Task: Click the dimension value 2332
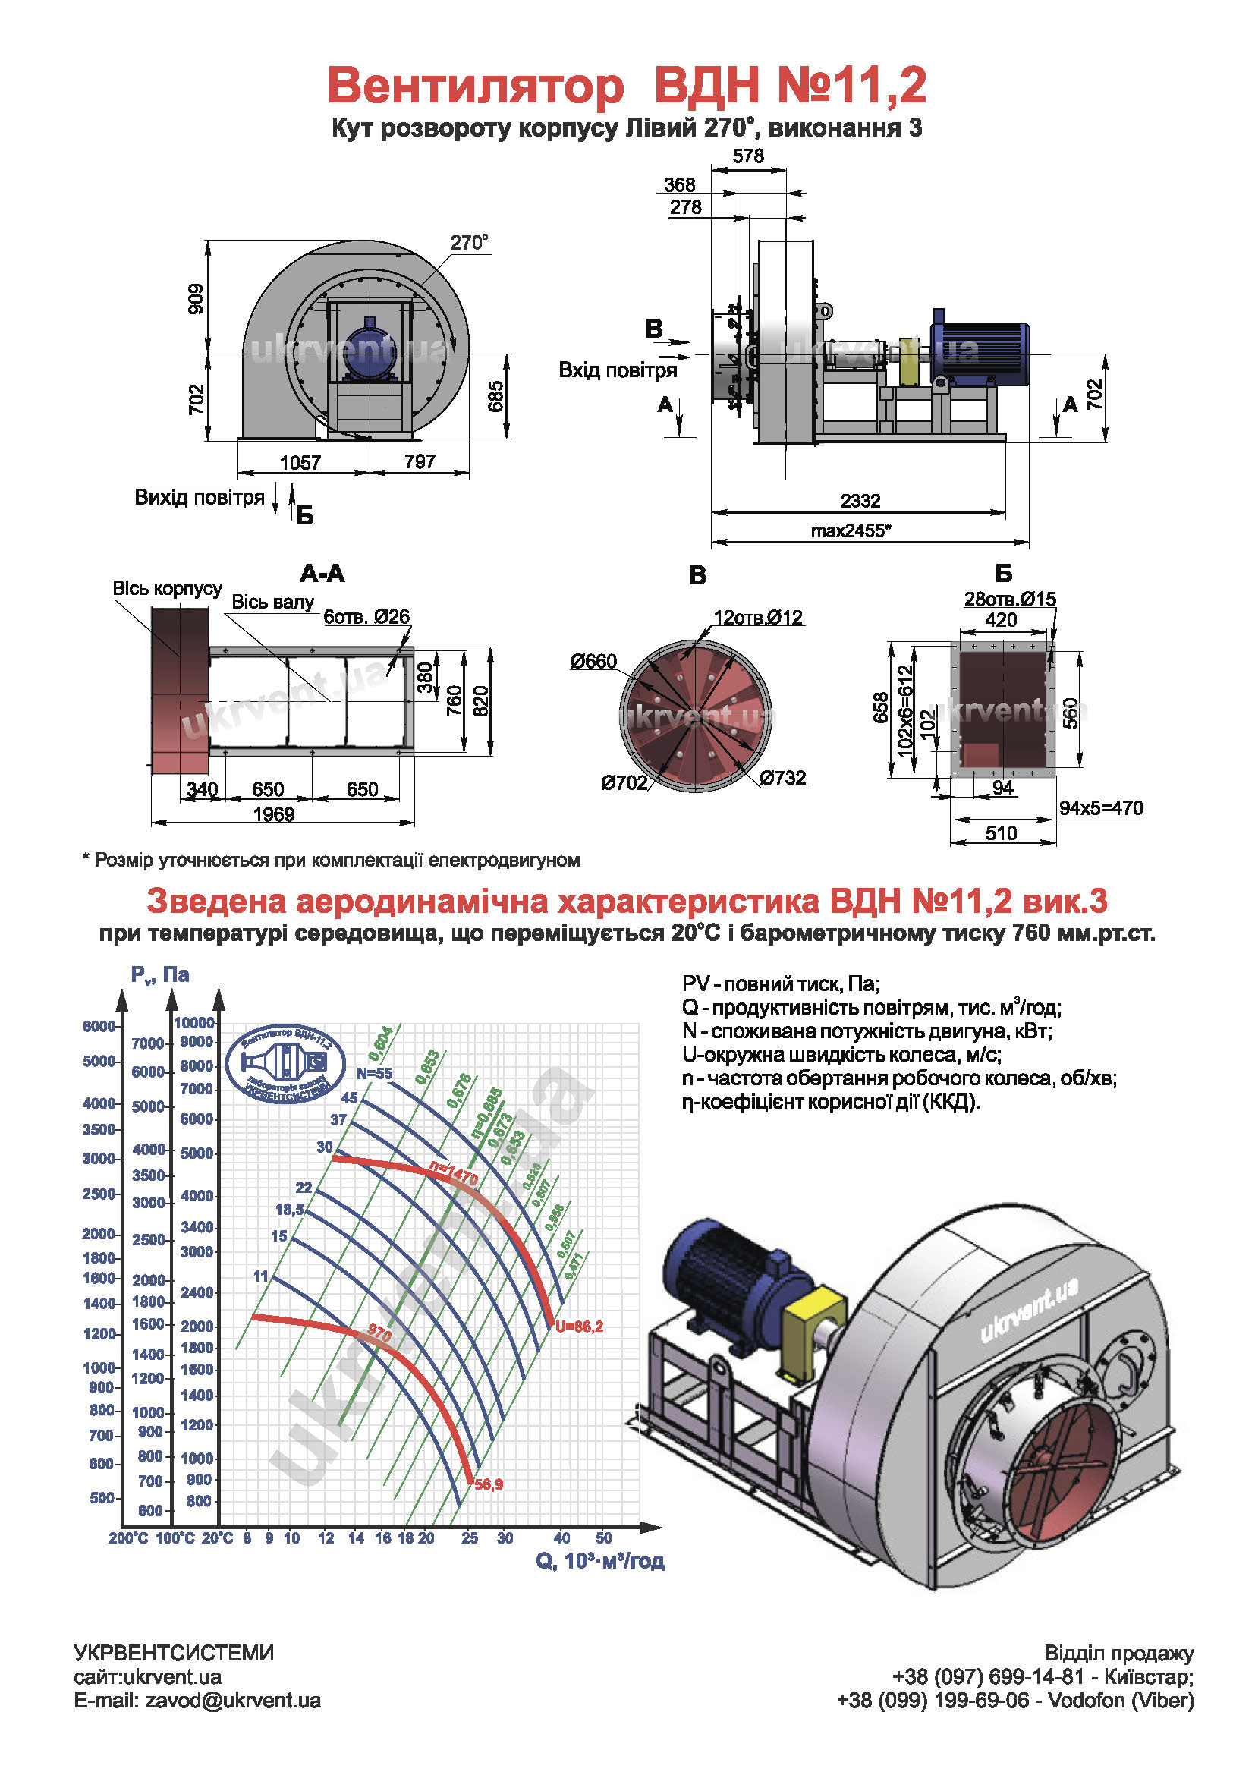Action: (860, 501)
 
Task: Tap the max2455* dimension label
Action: (851, 530)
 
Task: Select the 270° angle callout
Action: (469, 243)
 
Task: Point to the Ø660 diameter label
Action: (593, 661)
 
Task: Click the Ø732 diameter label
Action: (783, 778)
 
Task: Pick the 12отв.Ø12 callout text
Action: (758, 618)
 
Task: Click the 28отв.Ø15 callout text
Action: (1009, 600)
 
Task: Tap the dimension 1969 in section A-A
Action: (274, 814)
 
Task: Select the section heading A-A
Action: (322, 574)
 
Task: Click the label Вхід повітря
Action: (618, 370)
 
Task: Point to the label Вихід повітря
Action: (200, 497)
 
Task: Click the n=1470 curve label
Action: (454, 1175)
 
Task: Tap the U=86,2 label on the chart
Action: (579, 1327)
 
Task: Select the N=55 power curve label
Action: (374, 1073)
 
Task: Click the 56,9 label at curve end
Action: (489, 1484)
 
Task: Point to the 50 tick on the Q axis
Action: (603, 1537)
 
